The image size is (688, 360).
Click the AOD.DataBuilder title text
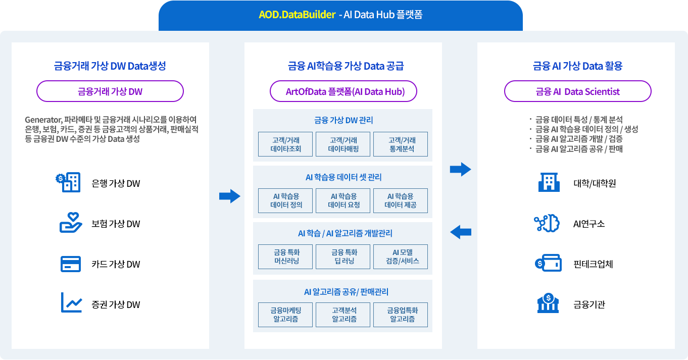297,15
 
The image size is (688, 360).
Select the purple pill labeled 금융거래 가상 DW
110,91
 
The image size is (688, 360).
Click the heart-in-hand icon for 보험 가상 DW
71,223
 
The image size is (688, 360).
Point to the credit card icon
71,264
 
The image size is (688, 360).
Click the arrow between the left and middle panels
229,196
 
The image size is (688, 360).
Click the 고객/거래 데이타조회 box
285,144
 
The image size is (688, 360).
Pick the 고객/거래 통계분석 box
401,144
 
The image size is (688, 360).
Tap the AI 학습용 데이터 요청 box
343,200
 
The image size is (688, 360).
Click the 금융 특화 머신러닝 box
285,256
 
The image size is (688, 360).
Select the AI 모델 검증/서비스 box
401,256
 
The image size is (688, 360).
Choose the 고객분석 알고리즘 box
343,315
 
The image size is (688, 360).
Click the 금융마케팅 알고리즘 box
285,315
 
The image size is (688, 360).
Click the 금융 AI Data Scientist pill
577,91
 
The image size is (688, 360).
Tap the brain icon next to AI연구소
545,223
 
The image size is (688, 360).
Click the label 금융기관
589,304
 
